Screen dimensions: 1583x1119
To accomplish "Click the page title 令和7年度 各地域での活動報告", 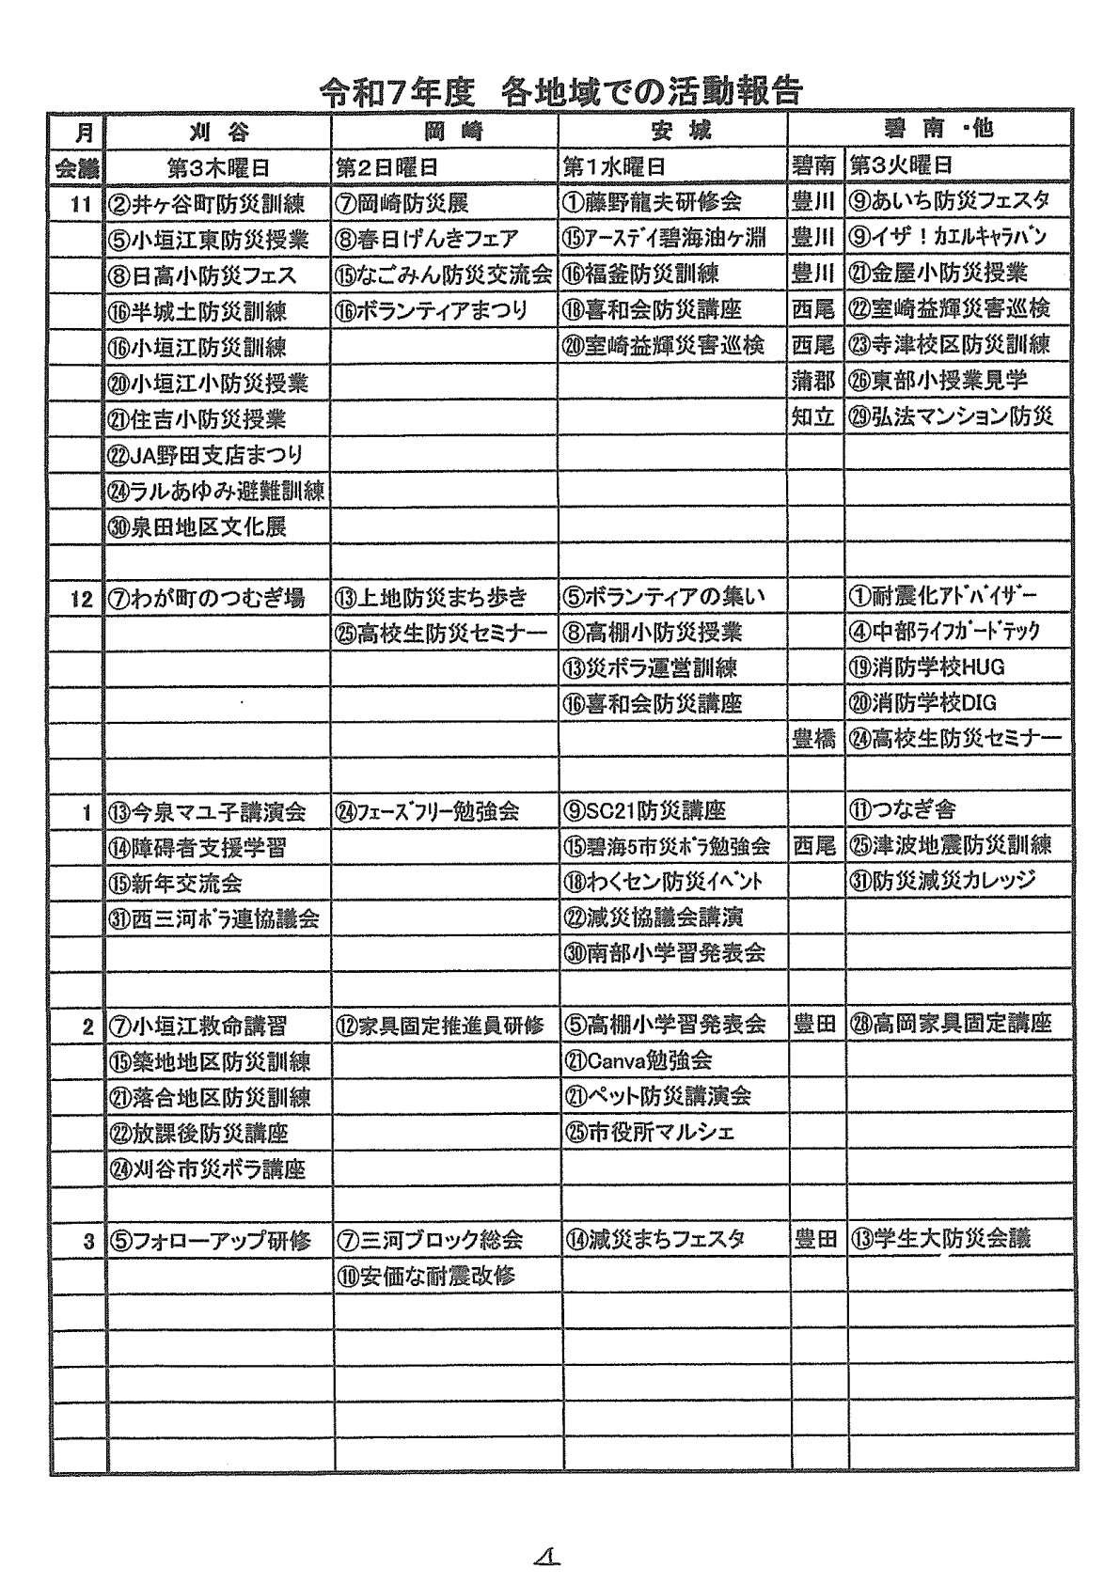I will point(560,90).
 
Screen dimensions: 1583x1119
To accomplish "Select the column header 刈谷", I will point(218,131).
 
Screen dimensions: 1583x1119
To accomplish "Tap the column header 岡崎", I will point(446,131).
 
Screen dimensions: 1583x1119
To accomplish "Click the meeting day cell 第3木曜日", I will point(218,167).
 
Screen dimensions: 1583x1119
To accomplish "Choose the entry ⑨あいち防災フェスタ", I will point(949,200).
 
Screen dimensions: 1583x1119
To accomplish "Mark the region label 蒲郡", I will point(813,381).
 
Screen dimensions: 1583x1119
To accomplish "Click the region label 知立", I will point(813,416).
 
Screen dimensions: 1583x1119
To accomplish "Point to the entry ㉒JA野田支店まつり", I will point(206,455).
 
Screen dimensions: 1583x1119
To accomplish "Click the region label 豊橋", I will point(813,739).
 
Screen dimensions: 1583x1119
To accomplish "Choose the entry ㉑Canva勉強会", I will point(638,1060).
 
